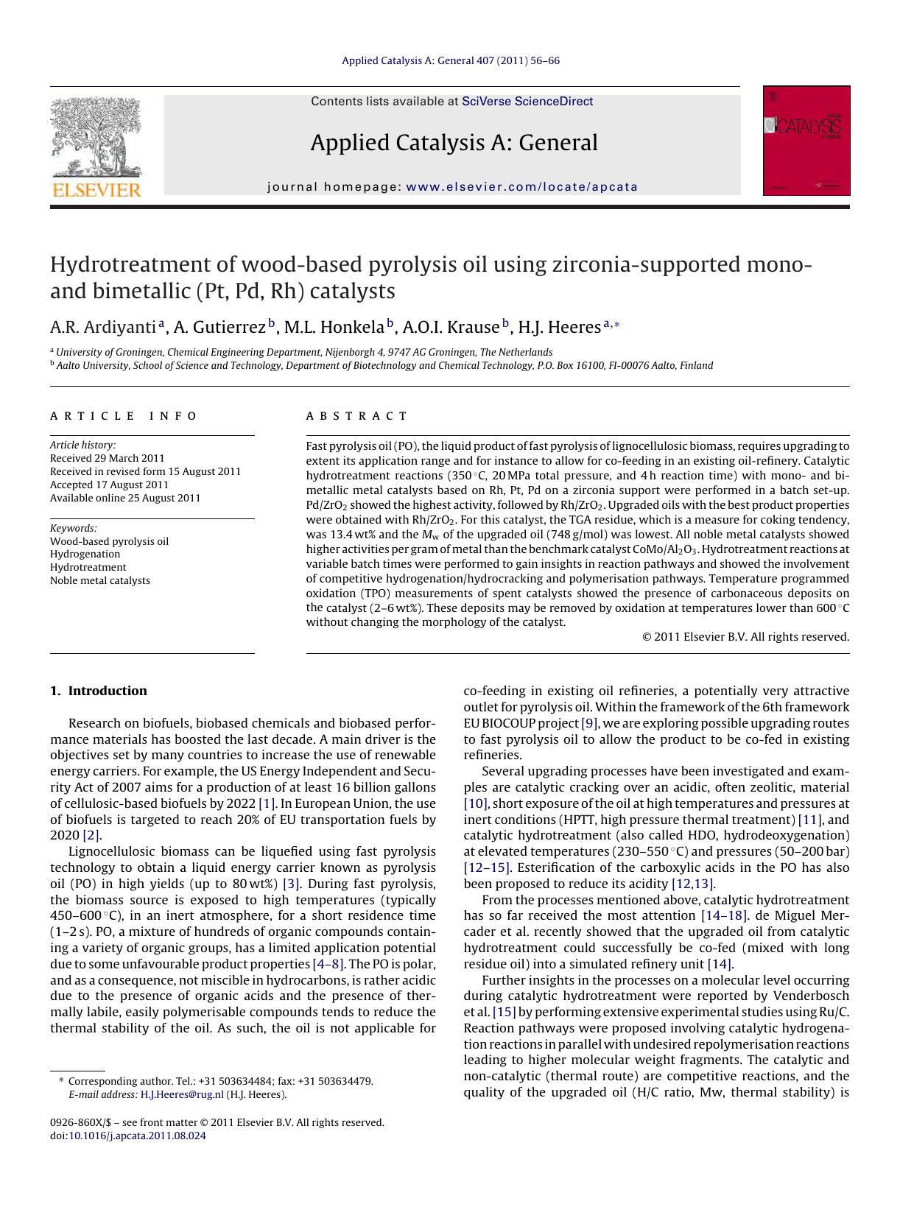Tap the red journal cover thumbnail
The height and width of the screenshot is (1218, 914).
pos(806,141)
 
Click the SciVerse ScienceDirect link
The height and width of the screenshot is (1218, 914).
pos(527,102)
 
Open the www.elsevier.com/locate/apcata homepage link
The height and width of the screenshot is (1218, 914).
pos(521,187)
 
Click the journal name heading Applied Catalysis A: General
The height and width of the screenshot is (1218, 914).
pos(454,143)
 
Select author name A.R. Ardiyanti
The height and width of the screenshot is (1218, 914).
pos(103,327)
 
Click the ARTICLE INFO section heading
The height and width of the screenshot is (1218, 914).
pos(124,416)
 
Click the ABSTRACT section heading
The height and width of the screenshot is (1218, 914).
pos(356,416)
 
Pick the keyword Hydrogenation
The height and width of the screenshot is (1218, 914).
pos(85,554)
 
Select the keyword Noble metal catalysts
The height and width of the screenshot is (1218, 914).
pos(99,580)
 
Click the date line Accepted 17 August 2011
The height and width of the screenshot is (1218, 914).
pos(109,485)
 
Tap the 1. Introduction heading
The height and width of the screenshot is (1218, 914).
pos(99,691)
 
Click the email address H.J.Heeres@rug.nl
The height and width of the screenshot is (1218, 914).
pos(181,1094)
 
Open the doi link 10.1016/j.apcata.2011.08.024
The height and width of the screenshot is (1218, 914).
pos(137,1136)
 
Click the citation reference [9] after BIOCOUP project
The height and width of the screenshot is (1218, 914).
pos(589,723)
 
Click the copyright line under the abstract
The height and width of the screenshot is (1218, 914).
pos(745,637)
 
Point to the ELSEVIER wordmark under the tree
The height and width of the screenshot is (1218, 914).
pos(96,191)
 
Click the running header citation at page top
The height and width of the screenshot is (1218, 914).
pos(450,60)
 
